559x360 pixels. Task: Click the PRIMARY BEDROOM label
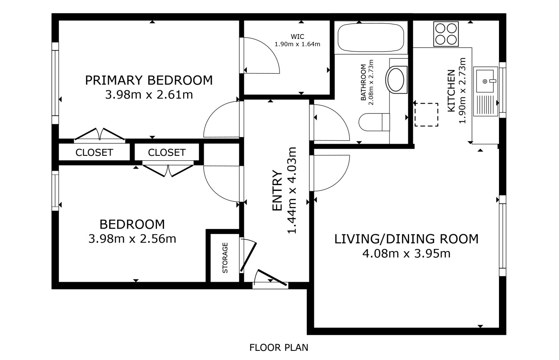pyautogui.click(x=149, y=80)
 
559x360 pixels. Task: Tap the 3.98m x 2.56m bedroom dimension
pyautogui.click(x=132, y=239)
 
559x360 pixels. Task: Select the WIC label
pyautogui.click(x=297, y=37)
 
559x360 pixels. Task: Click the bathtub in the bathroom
pyautogui.click(x=371, y=37)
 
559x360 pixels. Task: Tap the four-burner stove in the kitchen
pyautogui.click(x=446, y=34)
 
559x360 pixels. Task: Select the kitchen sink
pyautogui.click(x=486, y=92)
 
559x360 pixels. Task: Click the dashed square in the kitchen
pyautogui.click(x=426, y=115)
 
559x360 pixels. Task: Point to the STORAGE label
pyautogui.click(x=225, y=258)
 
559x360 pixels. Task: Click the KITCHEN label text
pyautogui.click(x=451, y=91)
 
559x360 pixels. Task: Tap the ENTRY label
pyautogui.click(x=277, y=191)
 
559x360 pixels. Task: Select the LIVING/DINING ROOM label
pyautogui.click(x=407, y=239)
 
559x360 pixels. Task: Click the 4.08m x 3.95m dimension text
pyautogui.click(x=407, y=254)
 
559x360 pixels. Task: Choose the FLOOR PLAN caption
pyautogui.click(x=279, y=348)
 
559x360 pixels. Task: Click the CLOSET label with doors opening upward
pyautogui.click(x=94, y=152)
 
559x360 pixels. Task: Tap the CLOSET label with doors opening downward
pyautogui.click(x=167, y=152)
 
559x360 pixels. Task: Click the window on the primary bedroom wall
pyautogui.click(x=55, y=83)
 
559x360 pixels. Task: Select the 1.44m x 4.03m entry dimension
pyautogui.click(x=292, y=191)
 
